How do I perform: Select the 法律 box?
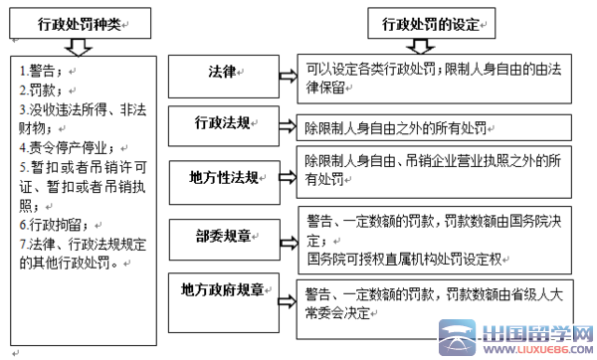click(x=225, y=74)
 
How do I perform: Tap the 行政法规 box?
click(x=225, y=124)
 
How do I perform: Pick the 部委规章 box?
click(x=225, y=238)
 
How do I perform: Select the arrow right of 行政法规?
click(x=290, y=126)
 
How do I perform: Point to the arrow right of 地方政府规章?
click(x=290, y=299)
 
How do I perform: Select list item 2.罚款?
click(x=40, y=90)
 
